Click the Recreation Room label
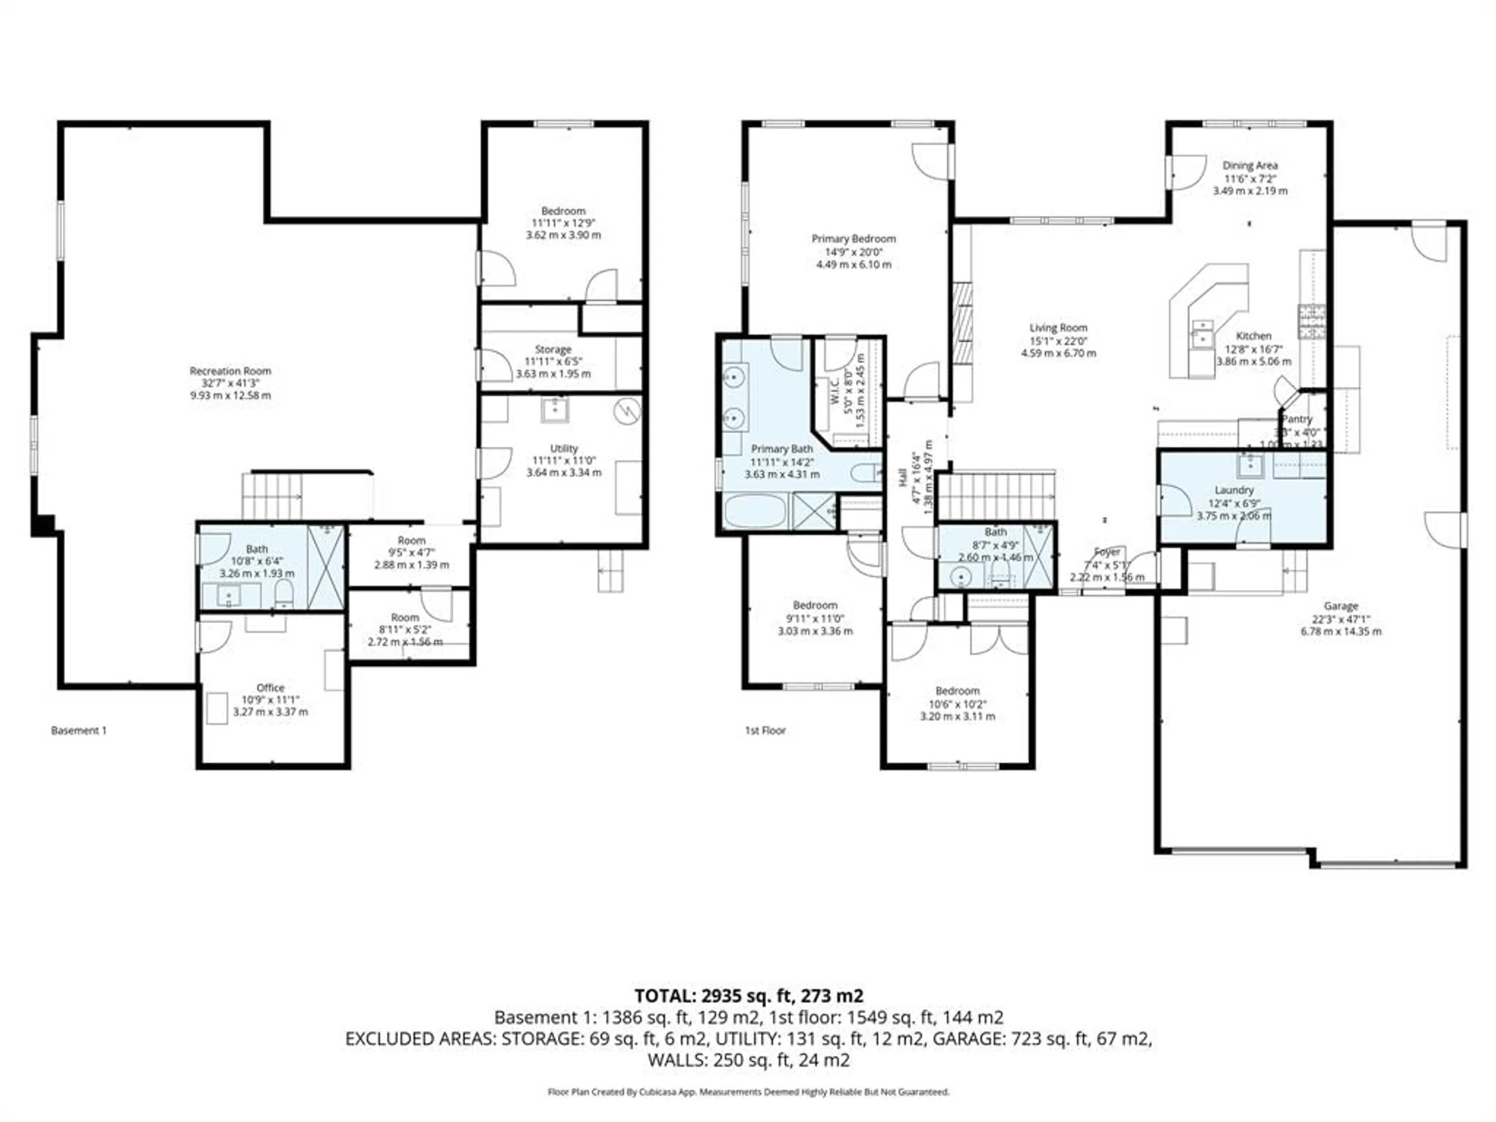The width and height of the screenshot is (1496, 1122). [230, 370]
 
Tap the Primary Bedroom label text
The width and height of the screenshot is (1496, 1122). [854, 239]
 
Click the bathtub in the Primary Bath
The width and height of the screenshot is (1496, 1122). [755, 511]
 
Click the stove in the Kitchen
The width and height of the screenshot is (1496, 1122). [1311, 321]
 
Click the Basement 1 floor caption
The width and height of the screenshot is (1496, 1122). [78, 730]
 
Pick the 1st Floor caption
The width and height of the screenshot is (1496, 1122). [765, 730]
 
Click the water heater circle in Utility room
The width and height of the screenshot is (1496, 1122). [627, 411]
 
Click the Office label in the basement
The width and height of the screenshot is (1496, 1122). [270, 687]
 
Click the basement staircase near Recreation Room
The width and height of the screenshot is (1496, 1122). [273, 496]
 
